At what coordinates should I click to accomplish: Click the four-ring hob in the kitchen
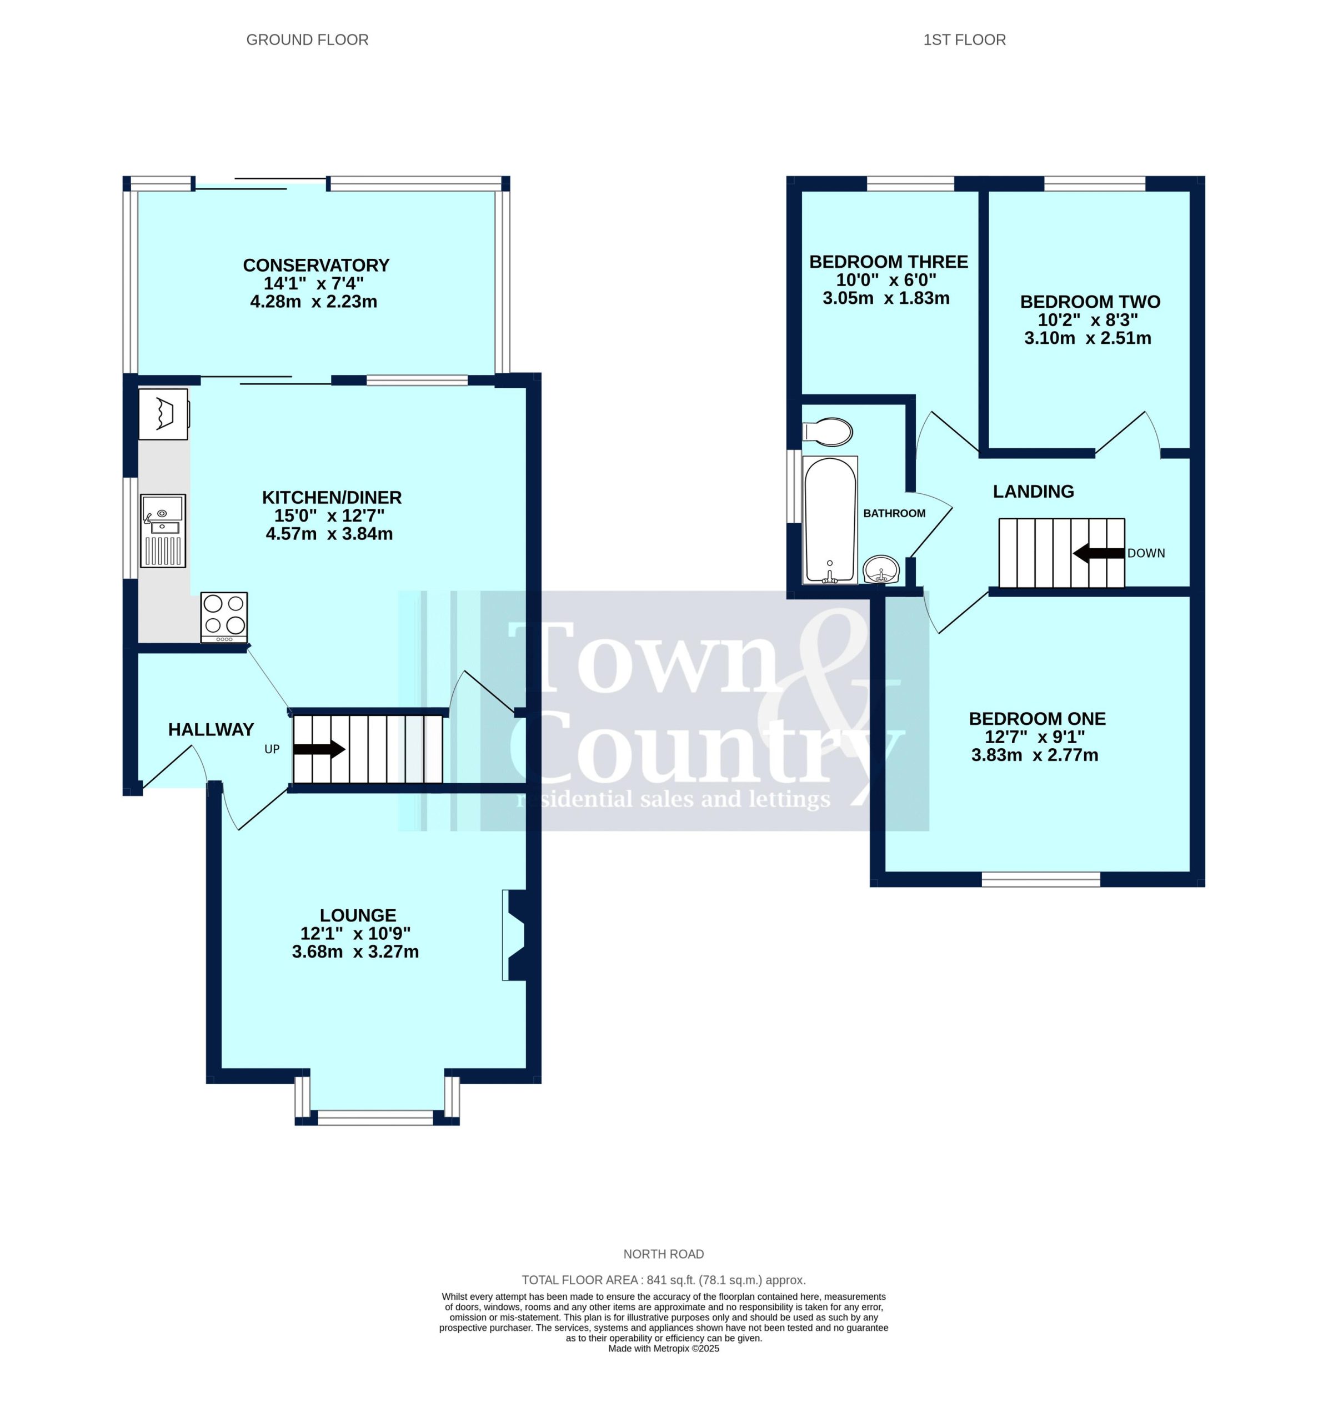coord(224,617)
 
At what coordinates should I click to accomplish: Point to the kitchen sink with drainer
coord(163,530)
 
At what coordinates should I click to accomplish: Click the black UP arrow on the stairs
coord(319,749)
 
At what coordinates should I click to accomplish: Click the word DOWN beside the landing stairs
coord(1146,553)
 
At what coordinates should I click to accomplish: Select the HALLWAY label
coord(211,729)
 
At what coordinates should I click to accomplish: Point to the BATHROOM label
coord(894,513)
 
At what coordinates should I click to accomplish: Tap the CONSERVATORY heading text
coord(316,264)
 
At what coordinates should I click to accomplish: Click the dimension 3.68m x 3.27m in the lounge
coord(355,952)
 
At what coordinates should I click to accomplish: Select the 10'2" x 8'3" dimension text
coord(1088,320)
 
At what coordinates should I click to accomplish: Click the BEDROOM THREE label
coord(888,262)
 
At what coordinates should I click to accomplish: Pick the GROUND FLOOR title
coord(308,40)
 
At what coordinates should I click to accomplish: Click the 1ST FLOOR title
coord(964,40)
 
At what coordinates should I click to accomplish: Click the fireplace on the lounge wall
coord(514,934)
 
